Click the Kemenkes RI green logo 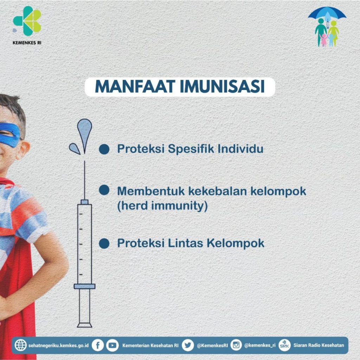(x=27, y=21)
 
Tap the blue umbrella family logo (x=327, y=27)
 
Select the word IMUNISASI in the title (x=222, y=86)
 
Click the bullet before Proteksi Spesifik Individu (x=104, y=149)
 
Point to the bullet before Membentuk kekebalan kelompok (x=104, y=190)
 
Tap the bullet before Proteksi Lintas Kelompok (x=104, y=243)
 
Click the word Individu (x=240, y=148)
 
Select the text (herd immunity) (x=162, y=205)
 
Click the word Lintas (x=185, y=243)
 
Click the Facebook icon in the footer (x=98, y=345)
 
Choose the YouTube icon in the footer (x=112, y=345)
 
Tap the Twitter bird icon (x=188, y=345)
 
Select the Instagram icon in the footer (x=236, y=345)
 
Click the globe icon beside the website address (x=21, y=345)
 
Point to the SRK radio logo (x=284, y=345)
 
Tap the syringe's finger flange (x=84, y=286)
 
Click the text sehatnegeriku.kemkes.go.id (x=58, y=345)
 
